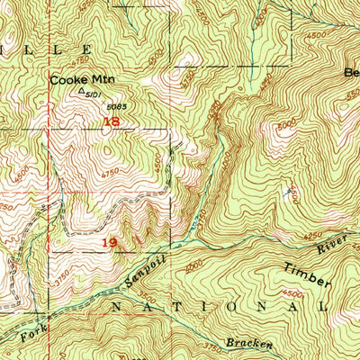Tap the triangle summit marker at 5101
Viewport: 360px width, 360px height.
coord(82,90)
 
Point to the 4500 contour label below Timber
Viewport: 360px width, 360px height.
coord(293,294)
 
